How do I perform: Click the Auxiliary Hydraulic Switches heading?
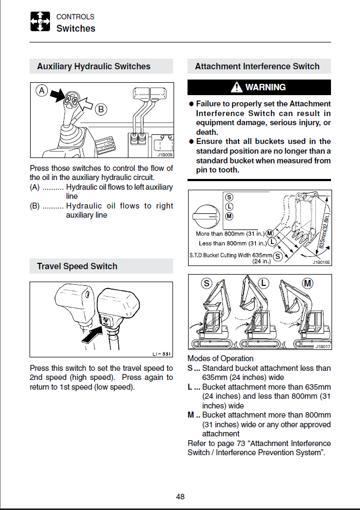(93, 67)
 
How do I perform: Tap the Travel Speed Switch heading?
(77, 266)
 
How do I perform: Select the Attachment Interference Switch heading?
(257, 67)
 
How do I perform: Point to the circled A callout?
(42, 91)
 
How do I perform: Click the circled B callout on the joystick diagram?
(100, 110)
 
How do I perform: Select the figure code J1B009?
(164, 155)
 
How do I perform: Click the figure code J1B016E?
(321, 263)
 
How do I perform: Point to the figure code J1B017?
(323, 346)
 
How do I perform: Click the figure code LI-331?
(162, 354)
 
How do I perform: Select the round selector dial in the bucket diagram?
(205, 215)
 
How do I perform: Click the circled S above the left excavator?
(206, 283)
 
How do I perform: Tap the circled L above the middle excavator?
(263, 283)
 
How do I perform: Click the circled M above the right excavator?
(307, 283)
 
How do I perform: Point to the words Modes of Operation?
(220, 358)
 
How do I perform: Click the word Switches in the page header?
(76, 28)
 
